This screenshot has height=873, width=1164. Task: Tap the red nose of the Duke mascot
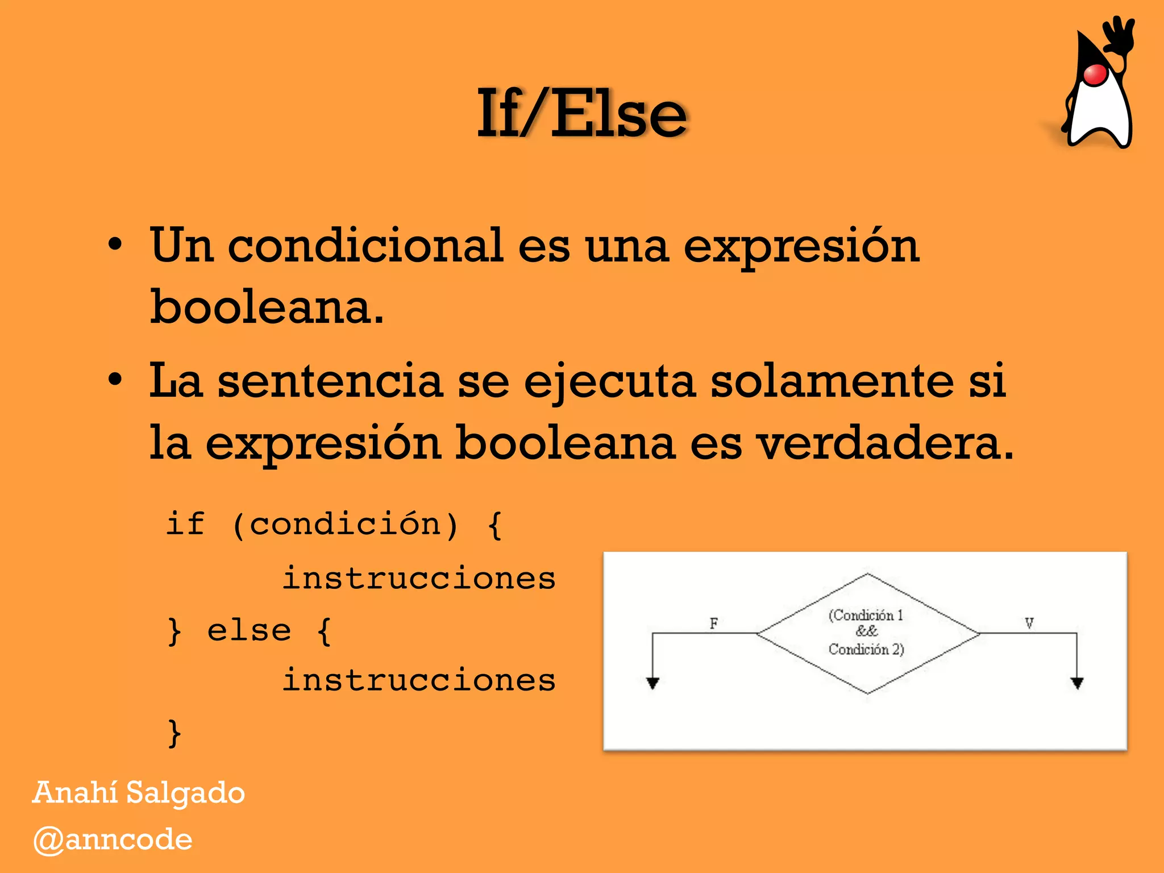pos(1095,74)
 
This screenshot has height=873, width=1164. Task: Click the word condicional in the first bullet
pos(365,246)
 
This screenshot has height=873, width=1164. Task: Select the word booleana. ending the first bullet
pos(267,307)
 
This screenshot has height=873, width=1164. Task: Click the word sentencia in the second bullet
pos(330,381)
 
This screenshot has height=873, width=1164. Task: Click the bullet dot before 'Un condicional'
pos(115,246)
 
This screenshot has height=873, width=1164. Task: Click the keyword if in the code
pos(185,523)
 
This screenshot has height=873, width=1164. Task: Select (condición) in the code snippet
pos(345,523)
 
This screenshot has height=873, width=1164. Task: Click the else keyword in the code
pos(249,630)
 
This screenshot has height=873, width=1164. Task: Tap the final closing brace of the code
pos(174,733)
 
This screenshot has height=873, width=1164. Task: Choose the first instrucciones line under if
pos(419,579)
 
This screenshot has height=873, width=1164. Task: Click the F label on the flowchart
pos(714,623)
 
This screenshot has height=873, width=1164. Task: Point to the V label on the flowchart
pos(1029,623)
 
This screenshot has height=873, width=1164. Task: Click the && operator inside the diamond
pos(867,631)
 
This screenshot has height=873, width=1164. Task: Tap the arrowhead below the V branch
pos(1077,683)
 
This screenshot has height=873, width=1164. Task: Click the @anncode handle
pos(113,840)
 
